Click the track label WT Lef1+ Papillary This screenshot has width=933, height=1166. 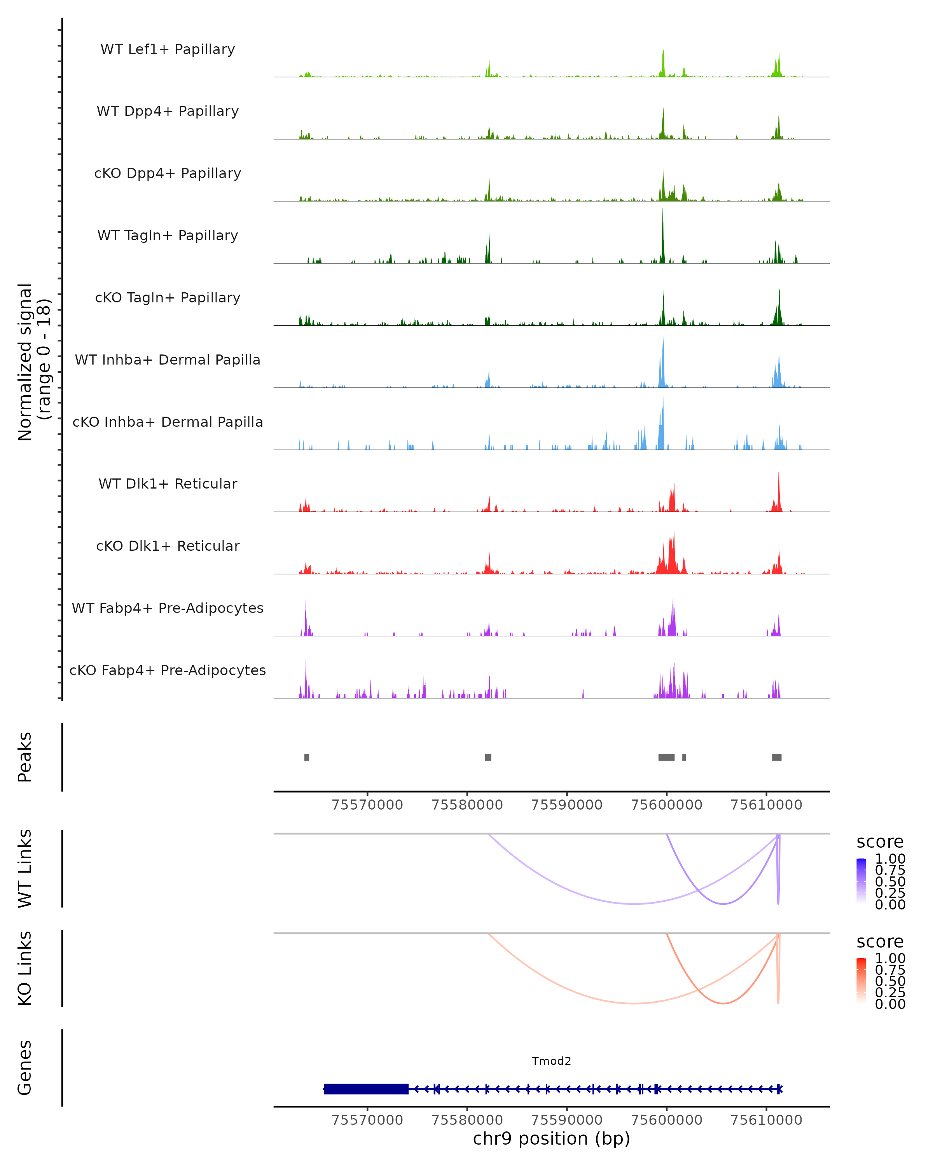(x=168, y=49)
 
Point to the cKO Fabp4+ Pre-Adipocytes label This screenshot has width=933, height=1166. (x=168, y=670)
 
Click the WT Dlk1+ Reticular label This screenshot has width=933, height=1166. (x=168, y=484)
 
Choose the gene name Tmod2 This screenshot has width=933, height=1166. (x=551, y=1061)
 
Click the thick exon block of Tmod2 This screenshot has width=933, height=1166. (x=366, y=1089)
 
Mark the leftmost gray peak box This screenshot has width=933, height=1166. (x=307, y=757)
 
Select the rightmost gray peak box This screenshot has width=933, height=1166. (x=777, y=757)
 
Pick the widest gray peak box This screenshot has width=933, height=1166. (x=666, y=757)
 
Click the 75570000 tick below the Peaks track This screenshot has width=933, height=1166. (x=367, y=805)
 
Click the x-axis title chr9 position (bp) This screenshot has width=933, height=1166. (x=551, y=1138)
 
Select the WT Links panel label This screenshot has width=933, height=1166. (x=25, y=869)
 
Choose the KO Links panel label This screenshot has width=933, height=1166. (x=25, y=969)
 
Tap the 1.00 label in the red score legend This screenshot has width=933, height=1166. (x=890, y=958)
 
